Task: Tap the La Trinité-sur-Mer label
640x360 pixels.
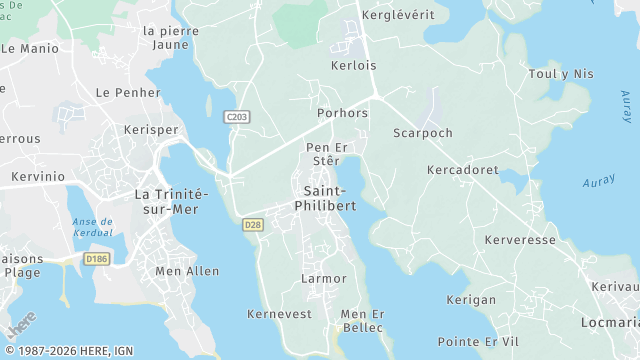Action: tap(169, 202)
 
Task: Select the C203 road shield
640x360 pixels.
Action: tap(237, 117)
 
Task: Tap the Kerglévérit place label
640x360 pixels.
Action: tap(398, 16)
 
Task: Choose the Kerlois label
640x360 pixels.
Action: tap(353, 65)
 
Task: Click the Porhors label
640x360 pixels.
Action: tap(342, 113)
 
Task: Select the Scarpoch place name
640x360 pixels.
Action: tap(423, 133)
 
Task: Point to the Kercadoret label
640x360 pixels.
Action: tap(462, 171)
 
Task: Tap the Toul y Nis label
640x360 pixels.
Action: tap(561, 74)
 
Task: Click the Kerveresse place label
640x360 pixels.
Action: tap(520, 241)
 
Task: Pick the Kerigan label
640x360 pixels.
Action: tap(471, 300)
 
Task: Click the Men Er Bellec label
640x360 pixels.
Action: tap(362, 321)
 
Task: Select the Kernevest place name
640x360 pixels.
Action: tap(279, 314)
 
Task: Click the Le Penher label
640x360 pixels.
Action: tap(128, 92)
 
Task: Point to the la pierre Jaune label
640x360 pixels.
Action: tap(171, 37)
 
